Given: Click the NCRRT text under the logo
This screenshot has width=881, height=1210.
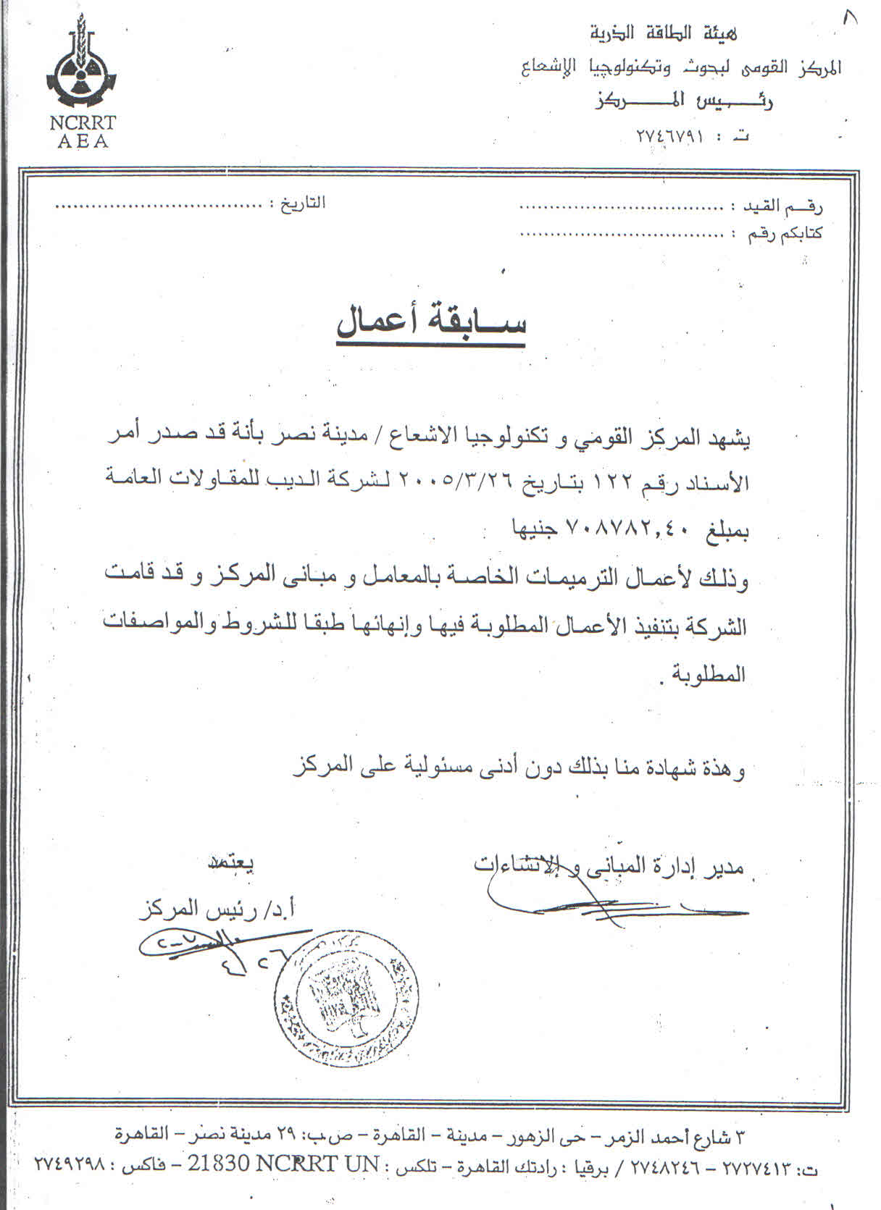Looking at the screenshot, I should pos(83,123).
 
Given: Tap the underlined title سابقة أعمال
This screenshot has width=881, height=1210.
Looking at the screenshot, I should pos(431,323).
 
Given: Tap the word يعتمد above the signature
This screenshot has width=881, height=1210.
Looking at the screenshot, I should pos(233,864).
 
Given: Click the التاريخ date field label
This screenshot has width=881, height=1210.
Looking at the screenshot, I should pos(299,203).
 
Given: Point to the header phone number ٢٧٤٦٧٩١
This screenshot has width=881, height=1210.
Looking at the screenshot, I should pos(670,136).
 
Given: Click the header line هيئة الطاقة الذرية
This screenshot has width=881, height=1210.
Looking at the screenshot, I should pos(664,33).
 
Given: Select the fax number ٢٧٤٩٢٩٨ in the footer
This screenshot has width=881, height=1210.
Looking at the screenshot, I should pos(70,1185).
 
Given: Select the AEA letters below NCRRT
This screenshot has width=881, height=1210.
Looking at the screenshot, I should pos(83,142).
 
